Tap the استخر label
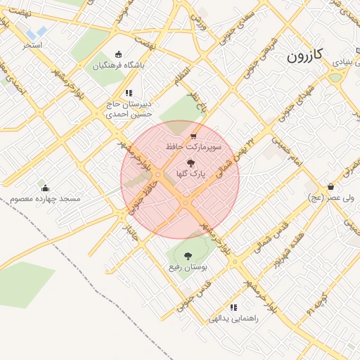(32, 46)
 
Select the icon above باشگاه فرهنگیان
(118, 55)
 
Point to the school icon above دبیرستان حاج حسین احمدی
(128, 93)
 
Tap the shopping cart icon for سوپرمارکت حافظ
(193, 136)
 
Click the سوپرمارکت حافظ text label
(193, 148)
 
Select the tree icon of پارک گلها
(190, 162)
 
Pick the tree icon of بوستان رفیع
(188, 257)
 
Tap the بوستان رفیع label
(188, 268)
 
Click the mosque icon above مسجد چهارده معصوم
(46, 188)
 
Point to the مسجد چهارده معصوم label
(46, 199)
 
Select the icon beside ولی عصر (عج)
(330, 187)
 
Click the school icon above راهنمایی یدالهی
(233, 307)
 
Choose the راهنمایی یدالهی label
(233, 319)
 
